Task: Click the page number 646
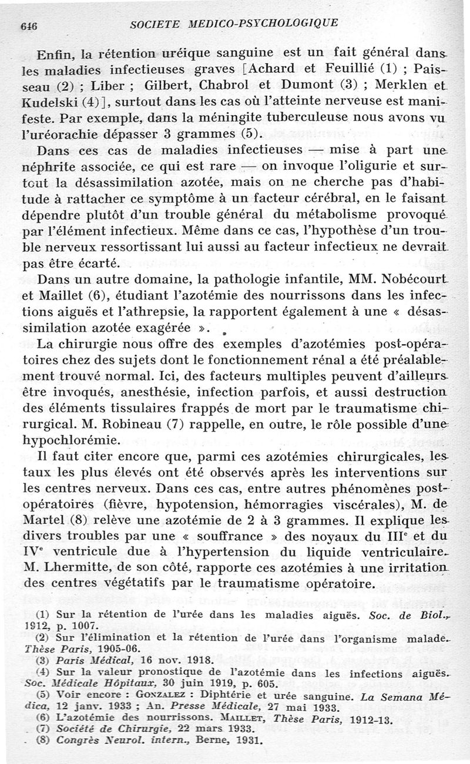[29, 26]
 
